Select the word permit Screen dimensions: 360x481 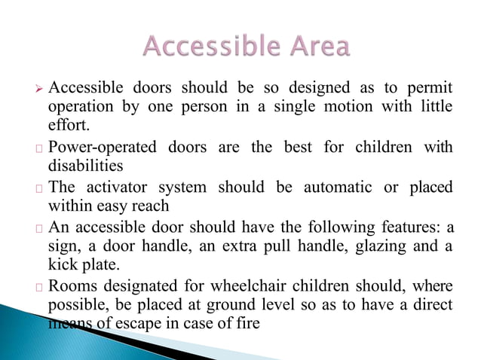point(427,87)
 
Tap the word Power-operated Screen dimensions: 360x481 point(105,146)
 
